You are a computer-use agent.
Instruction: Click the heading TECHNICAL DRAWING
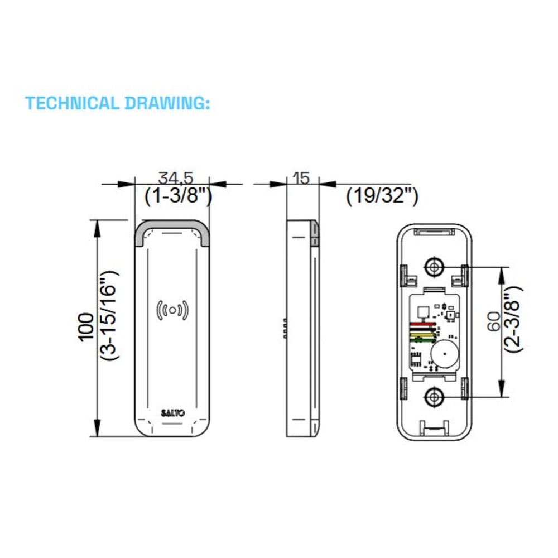click(117, 103)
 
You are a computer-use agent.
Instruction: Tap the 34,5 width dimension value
click(175, 177)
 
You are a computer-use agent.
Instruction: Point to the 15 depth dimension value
click(301, 178)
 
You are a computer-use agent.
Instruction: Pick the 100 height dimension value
click(86, 328)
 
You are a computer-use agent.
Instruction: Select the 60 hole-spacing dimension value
click(494, 322)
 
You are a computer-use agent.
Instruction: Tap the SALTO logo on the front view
click(172, 413)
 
